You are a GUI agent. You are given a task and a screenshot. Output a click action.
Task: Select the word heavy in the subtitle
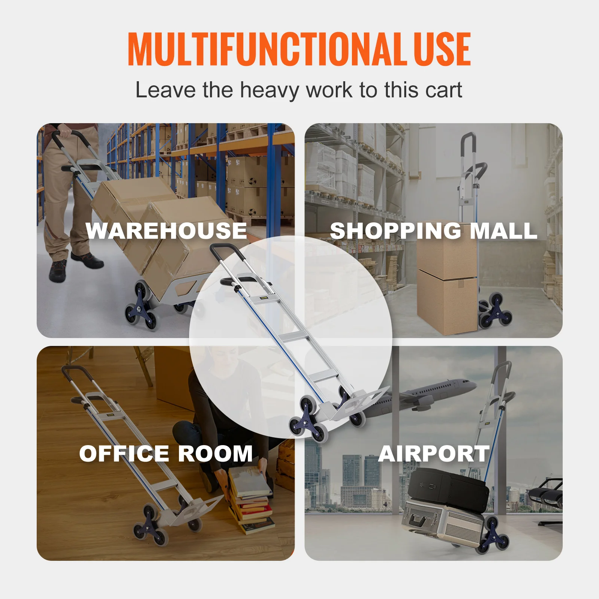(270, 91)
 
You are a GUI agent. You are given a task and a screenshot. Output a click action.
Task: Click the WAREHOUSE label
(166, 230)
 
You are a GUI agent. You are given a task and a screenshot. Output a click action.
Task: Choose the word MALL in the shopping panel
(504, 231)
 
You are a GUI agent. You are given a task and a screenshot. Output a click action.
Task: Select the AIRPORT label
(434, 454)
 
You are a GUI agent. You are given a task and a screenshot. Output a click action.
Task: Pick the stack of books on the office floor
(251, 502)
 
